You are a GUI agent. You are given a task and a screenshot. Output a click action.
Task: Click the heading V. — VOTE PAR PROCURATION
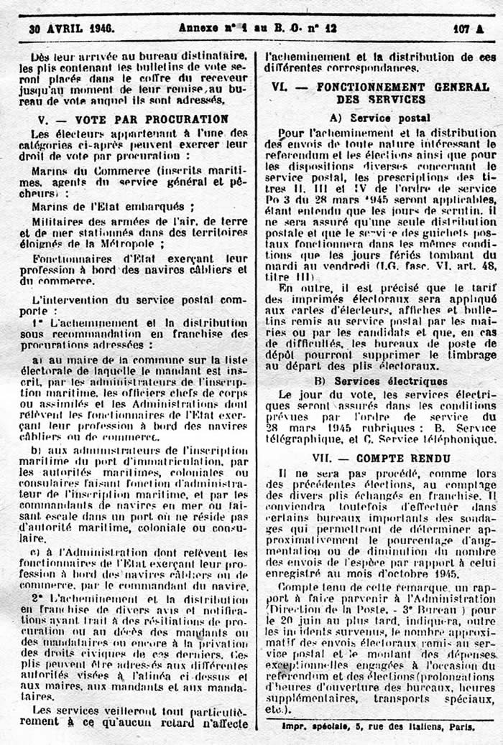pyautogui.click(x=134, y=119)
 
